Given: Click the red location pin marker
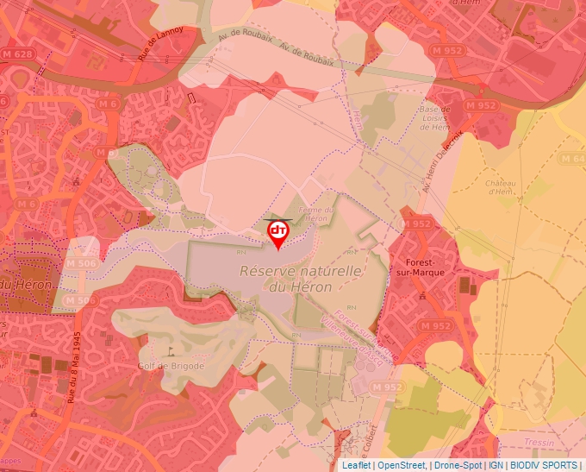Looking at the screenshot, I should (278, 232).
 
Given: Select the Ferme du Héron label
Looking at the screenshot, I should (315, 214).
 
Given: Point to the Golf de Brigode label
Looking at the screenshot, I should (171, 365).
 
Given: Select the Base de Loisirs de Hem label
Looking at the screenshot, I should (433, 118).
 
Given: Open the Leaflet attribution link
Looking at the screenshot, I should (356, 465).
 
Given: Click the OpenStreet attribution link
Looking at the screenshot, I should (401, 465).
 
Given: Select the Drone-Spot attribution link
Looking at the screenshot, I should (458, 465).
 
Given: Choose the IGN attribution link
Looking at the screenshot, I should (496, 465).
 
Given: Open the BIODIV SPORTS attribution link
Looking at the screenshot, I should (545, 465).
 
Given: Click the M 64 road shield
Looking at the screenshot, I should (573, 159).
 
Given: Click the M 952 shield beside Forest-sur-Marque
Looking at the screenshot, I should (416, 223).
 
